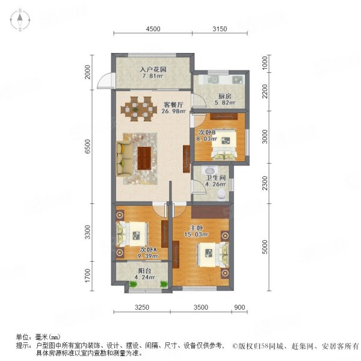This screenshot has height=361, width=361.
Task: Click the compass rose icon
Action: (x=20, y=20)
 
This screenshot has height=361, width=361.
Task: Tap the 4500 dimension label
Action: (x=153, y=29)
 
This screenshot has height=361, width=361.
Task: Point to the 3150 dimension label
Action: (x=220, y=29)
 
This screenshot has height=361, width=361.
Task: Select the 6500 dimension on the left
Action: (x=88, y=146)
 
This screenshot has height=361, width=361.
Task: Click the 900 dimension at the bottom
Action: (x=239, y=307)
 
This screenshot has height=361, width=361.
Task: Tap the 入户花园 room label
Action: (x=153, y=69)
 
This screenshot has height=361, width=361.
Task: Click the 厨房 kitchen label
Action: (x=224, y=96)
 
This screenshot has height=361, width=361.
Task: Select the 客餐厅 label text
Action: (x=173, y=105)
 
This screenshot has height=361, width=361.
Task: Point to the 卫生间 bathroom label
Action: (x=215, y=177)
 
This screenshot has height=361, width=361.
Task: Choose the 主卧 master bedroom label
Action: (x=196, y=228)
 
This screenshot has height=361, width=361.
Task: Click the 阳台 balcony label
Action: (x=144, y=271)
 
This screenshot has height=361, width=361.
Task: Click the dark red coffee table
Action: (x=144, y=158)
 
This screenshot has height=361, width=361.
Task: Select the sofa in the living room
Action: (x=125, y=159)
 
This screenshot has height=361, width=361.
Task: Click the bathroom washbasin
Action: (x=210, y=171)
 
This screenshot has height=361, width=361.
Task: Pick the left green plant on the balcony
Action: (x=133, y=284)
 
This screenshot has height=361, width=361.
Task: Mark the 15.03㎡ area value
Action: (x=196, y=235)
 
